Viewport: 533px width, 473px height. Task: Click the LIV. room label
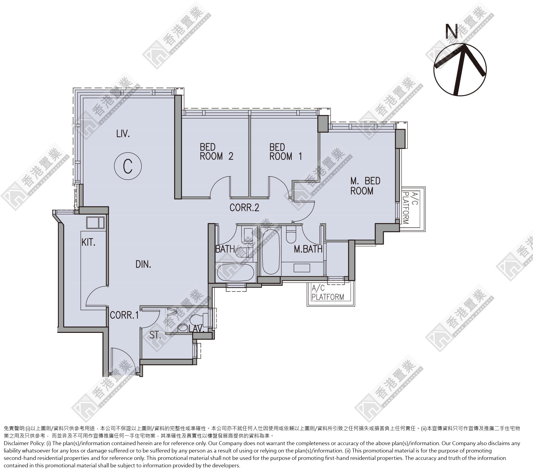click(x=123, y=134)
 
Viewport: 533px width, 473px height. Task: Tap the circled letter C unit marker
click(x=128, y=166)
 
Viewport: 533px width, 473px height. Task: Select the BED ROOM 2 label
click(x=216, y=151)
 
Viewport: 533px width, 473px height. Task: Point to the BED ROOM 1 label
click(x=286, y=151)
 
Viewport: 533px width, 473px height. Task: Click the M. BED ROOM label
click(x=365, y=186)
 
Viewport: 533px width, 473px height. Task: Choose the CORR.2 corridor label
click(x=244, y=208)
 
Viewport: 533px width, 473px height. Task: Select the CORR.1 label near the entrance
click(x=124, y=315)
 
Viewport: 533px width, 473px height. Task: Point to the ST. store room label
click(x=155, y=335)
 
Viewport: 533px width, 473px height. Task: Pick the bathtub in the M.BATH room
click(x=271, y=252)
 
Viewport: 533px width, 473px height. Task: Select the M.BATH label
click(x=308, y=249)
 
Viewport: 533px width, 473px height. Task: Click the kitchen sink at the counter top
click(x=95, y=223)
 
